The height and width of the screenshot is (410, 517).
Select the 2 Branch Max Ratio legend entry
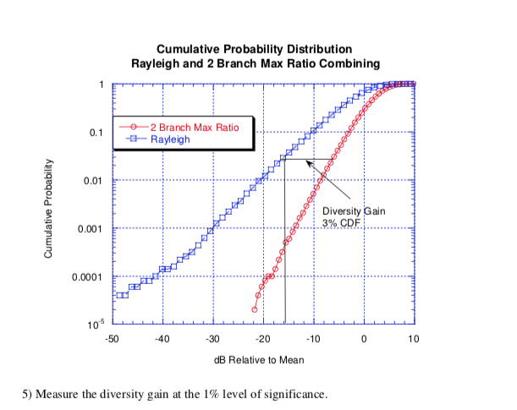tap(194, 126)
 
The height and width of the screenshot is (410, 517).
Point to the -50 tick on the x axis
tap(112, 339)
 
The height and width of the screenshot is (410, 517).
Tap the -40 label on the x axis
tap(162, 339)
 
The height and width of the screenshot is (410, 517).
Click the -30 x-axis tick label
tap(212, 339)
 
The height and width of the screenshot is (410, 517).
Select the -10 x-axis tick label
tap(313, 339)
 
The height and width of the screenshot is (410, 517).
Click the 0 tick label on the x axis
tap(364, 339)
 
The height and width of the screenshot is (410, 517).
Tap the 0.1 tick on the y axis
tap(96, 133)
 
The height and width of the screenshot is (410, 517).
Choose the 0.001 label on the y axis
tap(91, 229)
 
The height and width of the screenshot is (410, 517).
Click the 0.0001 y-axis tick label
tap(88, 277)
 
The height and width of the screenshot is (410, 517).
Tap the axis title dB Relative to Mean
tap(262, 359)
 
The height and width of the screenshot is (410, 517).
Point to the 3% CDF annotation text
tap(343, 221)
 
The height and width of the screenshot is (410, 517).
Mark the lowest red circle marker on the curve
tap(254, 309)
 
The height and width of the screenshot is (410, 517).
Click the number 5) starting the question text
tap(27, 394)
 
